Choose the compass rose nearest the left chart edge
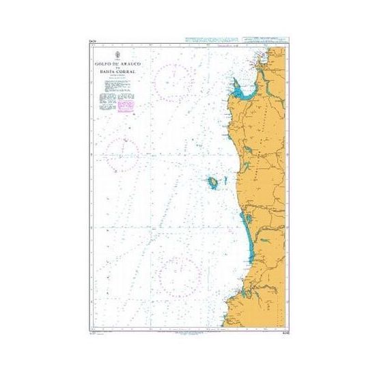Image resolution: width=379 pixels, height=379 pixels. (x=122, y=152)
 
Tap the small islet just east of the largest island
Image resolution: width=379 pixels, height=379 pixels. (x=221, y=181)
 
